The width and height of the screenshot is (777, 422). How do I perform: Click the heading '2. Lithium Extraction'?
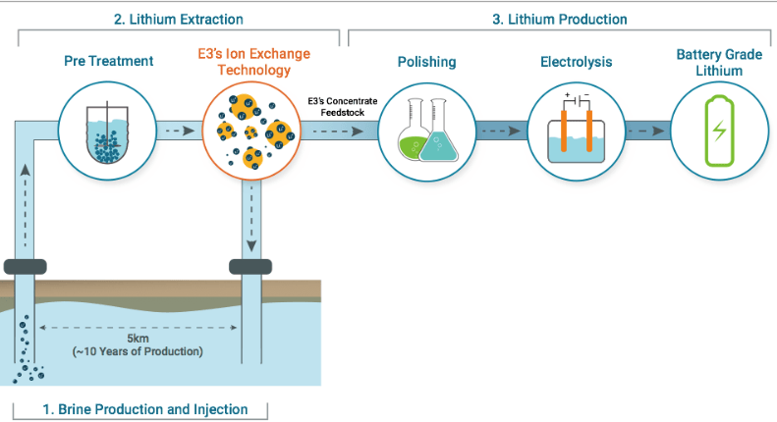179,20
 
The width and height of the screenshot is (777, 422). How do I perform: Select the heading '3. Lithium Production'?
560,20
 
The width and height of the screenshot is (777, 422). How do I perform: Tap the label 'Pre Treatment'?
108,61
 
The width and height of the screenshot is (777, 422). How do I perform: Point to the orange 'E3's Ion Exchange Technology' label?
253,62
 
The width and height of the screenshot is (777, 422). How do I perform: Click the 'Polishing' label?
426,62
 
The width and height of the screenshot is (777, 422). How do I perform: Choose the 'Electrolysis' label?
577,62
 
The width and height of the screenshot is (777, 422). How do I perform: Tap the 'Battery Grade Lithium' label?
719,63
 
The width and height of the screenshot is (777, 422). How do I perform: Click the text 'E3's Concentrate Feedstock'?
343,107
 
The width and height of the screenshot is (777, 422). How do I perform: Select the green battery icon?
719,131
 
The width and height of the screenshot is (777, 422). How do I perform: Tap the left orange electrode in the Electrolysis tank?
564,131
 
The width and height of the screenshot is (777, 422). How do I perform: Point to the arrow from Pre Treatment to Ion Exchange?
180,131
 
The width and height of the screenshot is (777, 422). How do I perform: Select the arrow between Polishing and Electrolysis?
501,131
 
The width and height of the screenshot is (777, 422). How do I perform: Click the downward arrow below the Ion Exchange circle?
251,219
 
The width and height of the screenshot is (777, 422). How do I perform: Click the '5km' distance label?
138,339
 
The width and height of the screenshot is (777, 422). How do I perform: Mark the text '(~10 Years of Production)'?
138,351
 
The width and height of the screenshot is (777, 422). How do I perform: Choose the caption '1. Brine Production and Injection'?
145,409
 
